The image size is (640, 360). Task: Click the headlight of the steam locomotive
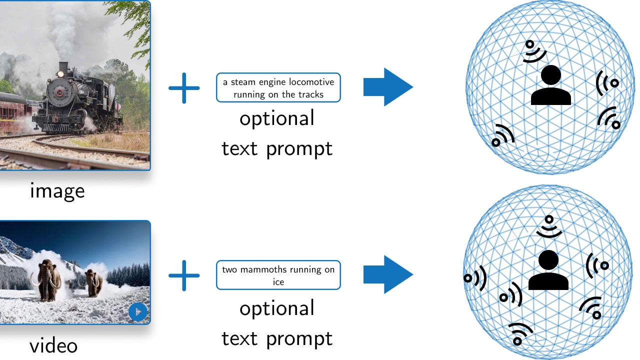60,74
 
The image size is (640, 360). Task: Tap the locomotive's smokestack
63,67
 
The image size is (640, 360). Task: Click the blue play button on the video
137,312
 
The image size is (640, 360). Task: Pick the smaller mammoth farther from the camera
92,282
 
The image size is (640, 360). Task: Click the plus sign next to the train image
184,87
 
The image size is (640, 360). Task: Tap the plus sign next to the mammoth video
184,275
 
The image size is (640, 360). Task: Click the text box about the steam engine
278,87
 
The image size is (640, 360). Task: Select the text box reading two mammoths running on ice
278,275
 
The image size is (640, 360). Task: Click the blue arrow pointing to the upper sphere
388,87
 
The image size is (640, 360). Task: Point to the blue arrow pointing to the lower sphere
388,274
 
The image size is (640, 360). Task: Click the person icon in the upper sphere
550,85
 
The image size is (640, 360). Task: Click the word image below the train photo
57,190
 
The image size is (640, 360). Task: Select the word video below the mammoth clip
53,346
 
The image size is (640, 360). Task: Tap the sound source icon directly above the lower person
549,225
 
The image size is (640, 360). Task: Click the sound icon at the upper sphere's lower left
502,135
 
